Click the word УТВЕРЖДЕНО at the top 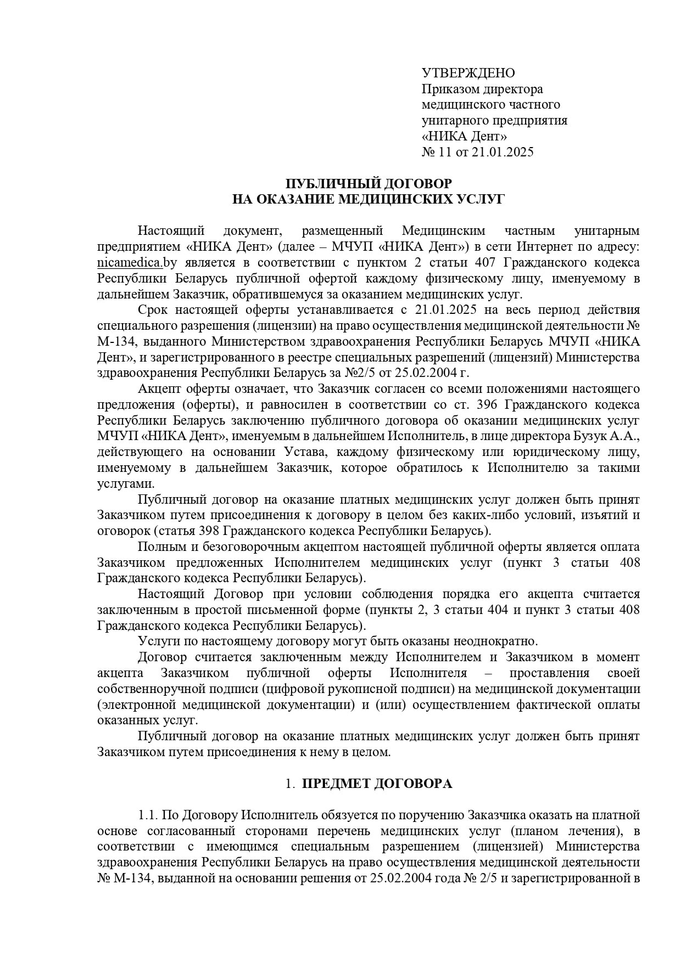pos(468,73)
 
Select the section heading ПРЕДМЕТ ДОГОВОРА pos(377,784)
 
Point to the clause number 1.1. pos(148,816)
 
